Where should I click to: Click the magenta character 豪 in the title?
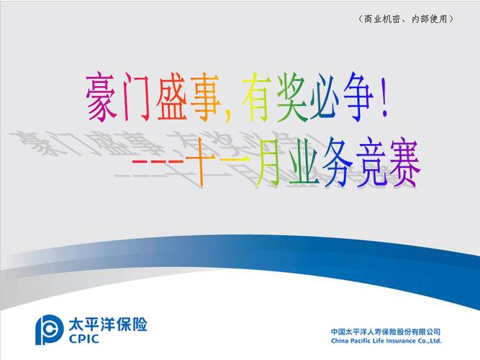(101, 97)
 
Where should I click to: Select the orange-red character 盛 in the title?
(171, 97)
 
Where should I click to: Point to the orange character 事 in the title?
(206, 97)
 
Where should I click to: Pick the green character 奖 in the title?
(291, 97)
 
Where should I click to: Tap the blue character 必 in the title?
(325, 97)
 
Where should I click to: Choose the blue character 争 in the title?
(359, 97)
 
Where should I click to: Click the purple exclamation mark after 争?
(385, 98)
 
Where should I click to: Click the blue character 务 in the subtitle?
(338, 163)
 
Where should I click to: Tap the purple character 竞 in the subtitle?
(371, 163)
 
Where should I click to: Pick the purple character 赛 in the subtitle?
(404, 163)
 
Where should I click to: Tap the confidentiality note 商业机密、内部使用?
(405, 19)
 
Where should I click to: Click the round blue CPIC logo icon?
(47, 329)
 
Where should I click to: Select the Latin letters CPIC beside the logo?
(84, 339)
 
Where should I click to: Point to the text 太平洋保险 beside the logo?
(108, 324)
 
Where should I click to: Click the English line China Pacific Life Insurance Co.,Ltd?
(386, 341)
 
